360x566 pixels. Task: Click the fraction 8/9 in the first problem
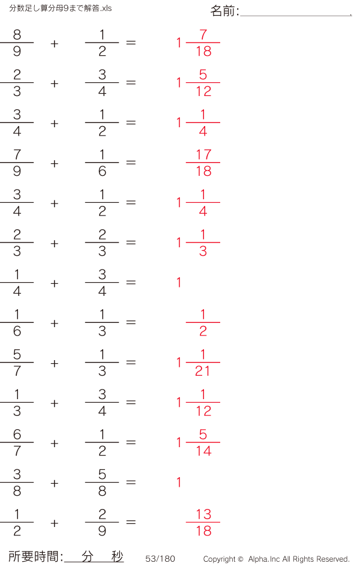click(17, 43)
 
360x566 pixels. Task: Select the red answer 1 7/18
click(198, 43)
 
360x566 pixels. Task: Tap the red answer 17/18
click(203, 163)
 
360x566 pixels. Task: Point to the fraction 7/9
click(17, 163)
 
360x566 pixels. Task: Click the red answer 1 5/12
click(198, 83)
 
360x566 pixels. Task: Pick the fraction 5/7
click(17, 363)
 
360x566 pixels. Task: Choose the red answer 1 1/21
click(198, 363)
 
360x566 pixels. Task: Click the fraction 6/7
click(17, 443)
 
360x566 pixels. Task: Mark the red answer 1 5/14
click(198, 443)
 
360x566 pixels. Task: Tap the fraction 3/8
click(17, 483)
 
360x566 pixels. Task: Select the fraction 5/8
click(102, 483)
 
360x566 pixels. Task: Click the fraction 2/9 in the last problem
click(102, 523)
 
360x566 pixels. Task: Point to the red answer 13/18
click(203, 523)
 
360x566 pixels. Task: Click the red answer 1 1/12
click(198, 403)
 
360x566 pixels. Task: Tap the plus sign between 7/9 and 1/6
click(55, 163)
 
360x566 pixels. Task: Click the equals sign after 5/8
click(131, 483)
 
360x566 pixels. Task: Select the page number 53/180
click(160, 559)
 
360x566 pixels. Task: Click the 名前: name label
click(225, 11)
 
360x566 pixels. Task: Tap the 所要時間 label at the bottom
click(35, 556)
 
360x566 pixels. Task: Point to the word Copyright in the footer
click(220, 559)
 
